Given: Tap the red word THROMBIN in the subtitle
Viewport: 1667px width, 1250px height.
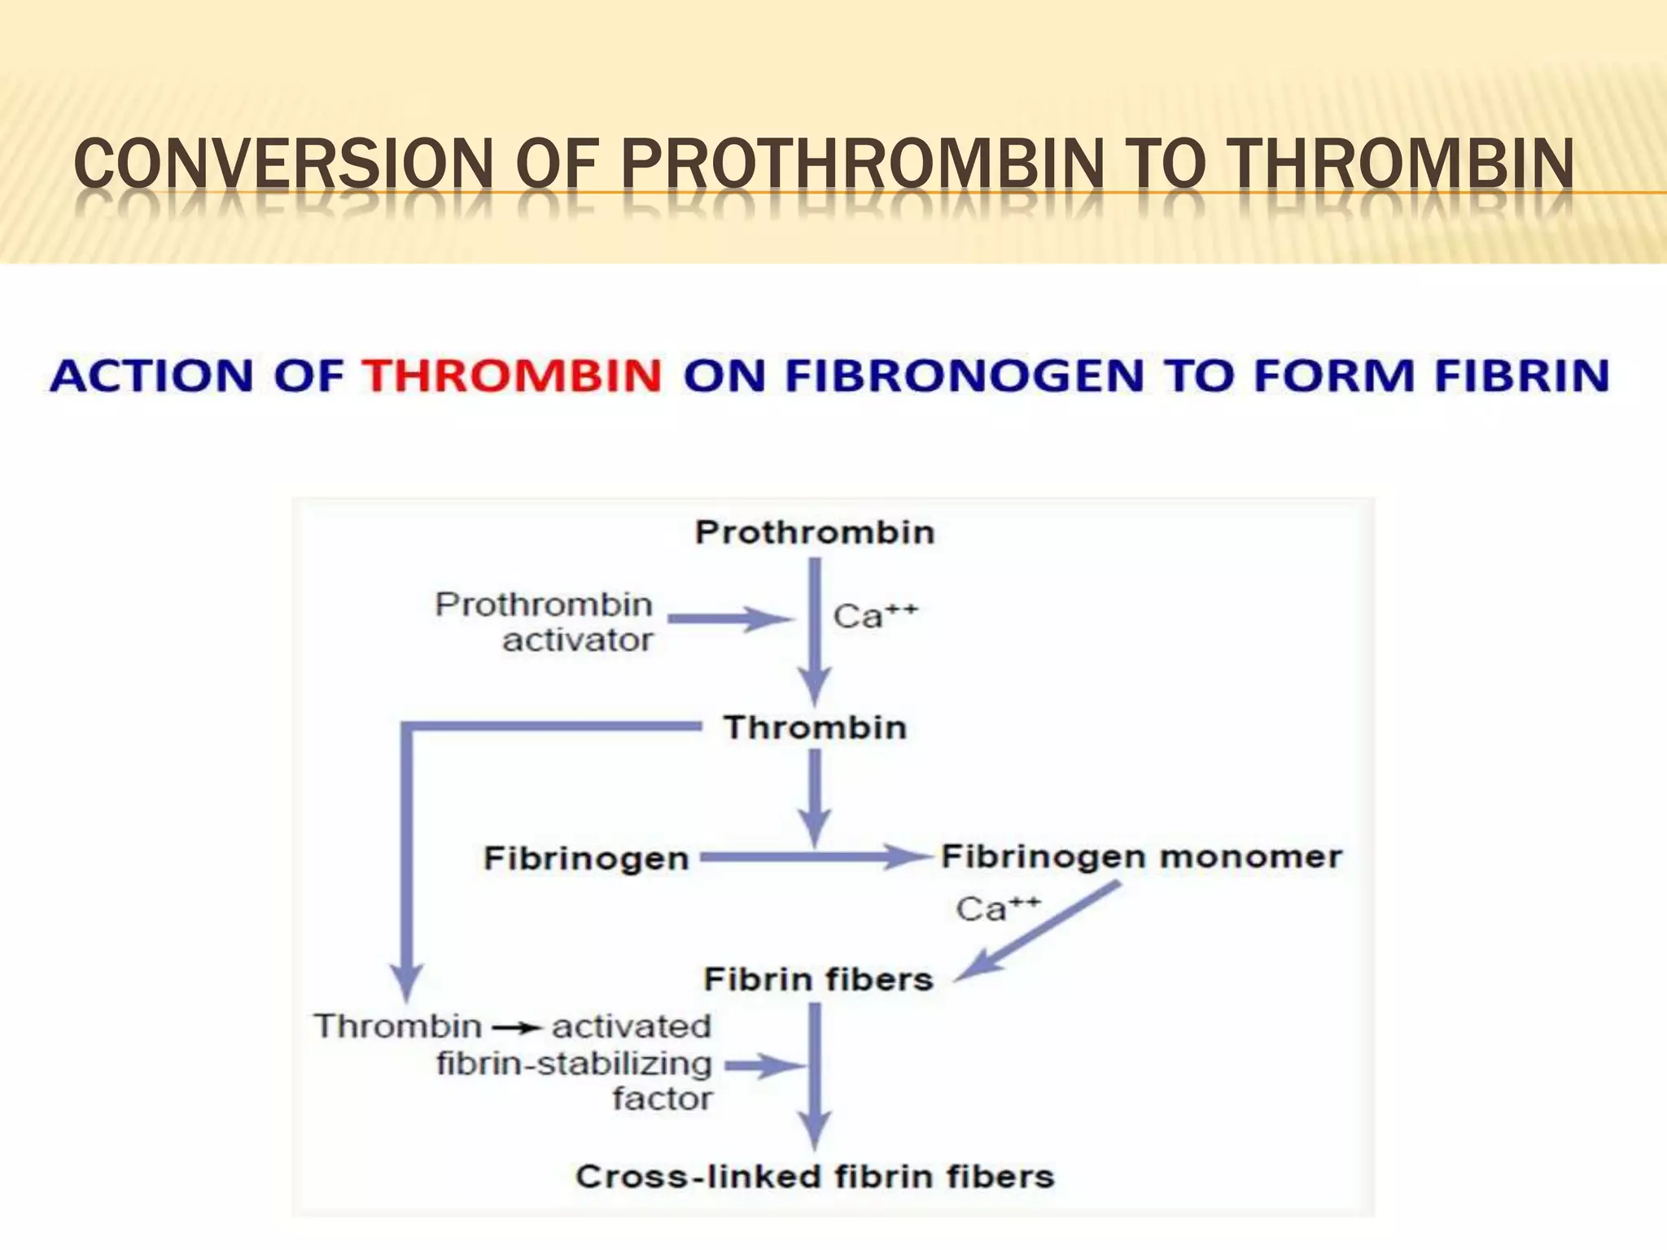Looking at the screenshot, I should [x=512, y=376].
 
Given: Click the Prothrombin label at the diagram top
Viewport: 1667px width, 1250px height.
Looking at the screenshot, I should [x=815, y=533].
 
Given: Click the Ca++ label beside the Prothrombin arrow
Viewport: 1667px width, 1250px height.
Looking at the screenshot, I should [x=875, y=616].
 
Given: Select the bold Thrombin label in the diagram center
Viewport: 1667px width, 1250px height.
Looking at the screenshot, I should [x=815, y=728].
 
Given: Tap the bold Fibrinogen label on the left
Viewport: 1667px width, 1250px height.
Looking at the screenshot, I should [x=586, y=859].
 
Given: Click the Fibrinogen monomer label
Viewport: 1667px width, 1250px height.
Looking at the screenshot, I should [x=1141, y=857].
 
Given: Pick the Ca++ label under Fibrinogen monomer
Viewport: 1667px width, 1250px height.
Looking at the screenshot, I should [x=998, y=909].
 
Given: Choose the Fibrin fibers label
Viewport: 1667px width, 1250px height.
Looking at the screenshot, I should [x=818, y=979].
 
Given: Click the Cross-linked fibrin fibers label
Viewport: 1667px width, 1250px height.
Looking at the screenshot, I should [x=815, y=1177].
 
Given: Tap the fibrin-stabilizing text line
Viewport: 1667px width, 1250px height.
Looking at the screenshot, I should [x=575, y=1064].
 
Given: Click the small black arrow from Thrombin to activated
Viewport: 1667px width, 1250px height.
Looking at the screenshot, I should [x=517, y=1029].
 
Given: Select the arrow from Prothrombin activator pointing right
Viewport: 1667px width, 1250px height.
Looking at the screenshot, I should [x=728, y=620].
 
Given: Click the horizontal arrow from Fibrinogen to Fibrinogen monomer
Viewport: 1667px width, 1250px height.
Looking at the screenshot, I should [x=814, y=857].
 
